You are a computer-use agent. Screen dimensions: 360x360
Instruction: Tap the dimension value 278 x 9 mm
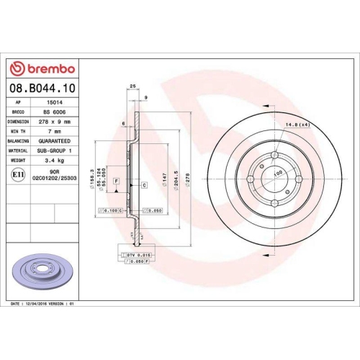pos(55,122)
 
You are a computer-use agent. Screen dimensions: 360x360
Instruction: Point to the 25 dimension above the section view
pos(132,86)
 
